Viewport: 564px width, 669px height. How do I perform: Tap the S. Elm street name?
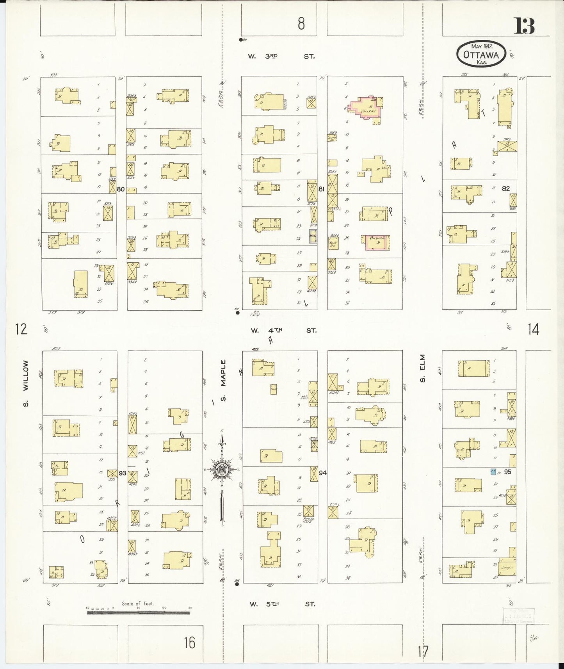click(423, 368)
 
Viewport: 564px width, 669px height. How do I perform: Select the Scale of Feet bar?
click(139, 612)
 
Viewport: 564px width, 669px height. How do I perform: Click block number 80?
click(121, 189)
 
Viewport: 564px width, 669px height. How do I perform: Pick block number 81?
click(321, 189)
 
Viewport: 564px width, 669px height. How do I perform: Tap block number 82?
click(506, 189)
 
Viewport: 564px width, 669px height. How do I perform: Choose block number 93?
click(122, 473)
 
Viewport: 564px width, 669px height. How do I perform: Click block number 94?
click(322, 473)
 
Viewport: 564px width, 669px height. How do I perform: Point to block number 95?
click(507, 472)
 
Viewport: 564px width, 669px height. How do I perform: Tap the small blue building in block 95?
click(493, 472)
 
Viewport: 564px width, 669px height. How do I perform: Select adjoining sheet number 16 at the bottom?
click(190, 642)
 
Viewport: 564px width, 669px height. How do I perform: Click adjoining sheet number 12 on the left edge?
click(21, 329)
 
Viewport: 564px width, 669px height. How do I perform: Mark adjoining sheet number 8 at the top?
click(301, 24)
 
